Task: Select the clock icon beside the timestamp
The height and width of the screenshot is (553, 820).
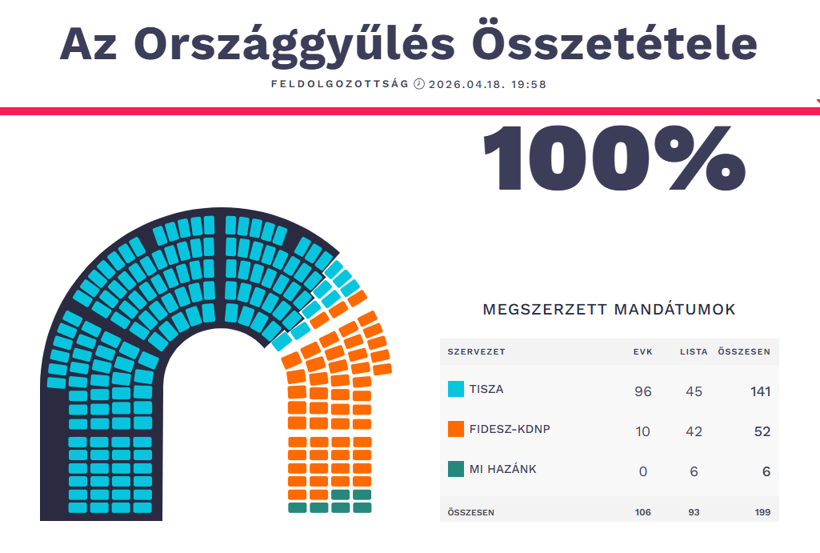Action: [x=418, y=84]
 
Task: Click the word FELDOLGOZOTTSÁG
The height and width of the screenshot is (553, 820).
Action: [x=340, y=84]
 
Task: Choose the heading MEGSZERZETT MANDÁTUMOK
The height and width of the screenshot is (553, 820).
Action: [x=609, y=310]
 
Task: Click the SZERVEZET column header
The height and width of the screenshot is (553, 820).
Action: [x=476, y=352]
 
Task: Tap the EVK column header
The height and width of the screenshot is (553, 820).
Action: [x=642, y=352]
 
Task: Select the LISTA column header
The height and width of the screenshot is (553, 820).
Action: [x=694, y=352]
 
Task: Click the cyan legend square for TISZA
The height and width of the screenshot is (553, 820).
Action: [x=456, y=390]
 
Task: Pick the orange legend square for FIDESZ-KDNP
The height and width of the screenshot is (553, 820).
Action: [x=456, y=429]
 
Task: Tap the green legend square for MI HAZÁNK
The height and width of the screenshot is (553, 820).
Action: [x=456, y=469]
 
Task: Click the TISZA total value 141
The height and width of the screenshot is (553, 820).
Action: [x=760, y=391]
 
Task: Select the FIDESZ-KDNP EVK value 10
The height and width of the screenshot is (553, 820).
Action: [x=642, y=431]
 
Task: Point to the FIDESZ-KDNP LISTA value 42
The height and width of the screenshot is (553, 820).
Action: [x=694, y=431]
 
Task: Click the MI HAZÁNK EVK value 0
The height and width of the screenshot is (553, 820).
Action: [x=642, y=471]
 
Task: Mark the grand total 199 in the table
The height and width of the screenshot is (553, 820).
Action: [x=762, y=512]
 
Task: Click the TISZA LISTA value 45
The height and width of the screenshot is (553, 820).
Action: [x=694, y=391]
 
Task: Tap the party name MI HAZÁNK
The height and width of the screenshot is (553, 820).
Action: [x=503, y=469]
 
